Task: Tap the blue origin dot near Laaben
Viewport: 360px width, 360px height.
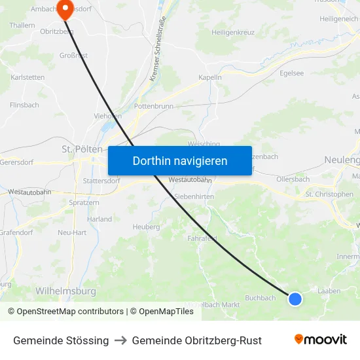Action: click(295, 299)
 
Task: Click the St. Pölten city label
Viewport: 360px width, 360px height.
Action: click(79, 149)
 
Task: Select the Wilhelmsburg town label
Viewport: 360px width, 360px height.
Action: click(65, 291)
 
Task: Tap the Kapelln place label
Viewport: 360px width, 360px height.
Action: click(210, 77)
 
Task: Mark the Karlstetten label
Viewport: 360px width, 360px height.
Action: click(28, 77)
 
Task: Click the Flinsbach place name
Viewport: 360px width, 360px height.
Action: click(25, 105)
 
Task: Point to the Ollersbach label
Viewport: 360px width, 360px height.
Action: click(293, 179)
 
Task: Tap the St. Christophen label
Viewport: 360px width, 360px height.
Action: click(329, 194)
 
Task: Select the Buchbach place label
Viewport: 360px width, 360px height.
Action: click(261, 298)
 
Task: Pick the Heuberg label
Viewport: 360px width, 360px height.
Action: click(146, 227)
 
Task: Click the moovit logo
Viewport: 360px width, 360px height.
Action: click(321, 340)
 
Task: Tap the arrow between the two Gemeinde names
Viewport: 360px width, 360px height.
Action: click(120, 340)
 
